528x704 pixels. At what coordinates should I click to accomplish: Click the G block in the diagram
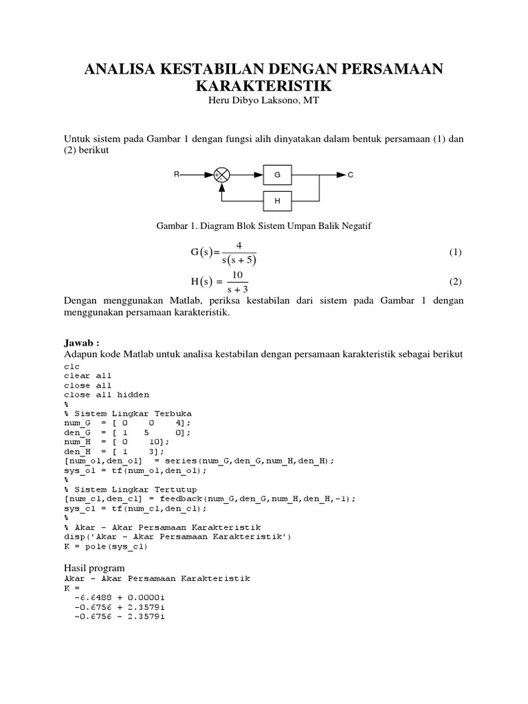(277, 175)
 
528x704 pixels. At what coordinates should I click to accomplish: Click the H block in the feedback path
(277, 201)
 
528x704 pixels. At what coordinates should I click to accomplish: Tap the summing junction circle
(221, 175)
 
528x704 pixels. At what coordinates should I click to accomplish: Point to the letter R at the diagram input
(177, 175)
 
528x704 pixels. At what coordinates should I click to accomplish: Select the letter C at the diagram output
(350, 175)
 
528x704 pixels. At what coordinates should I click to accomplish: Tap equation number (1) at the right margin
(455, 252)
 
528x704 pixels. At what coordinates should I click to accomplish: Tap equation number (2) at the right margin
(455, 281)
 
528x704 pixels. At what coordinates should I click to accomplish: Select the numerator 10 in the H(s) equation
(238, 274)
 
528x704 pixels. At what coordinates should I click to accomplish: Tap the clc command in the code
(72, 366)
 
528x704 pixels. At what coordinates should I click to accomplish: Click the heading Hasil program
(94, 568)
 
